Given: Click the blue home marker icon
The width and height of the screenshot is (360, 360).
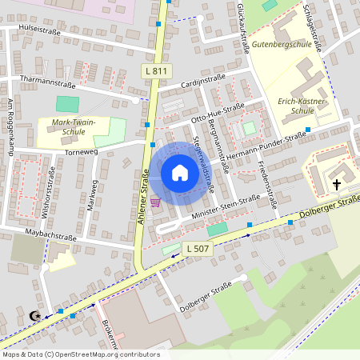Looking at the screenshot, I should (x=179, y=173).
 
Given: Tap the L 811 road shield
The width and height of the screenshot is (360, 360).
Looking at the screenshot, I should (x=158, y=71).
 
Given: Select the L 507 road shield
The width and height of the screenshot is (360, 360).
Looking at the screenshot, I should (x=196, y=248).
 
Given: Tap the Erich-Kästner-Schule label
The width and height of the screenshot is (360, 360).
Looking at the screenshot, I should (x=302, y=107).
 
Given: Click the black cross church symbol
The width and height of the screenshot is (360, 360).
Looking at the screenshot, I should (x=337, y=185).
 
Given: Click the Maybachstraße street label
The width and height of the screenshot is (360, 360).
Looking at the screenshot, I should (x=49, y=237).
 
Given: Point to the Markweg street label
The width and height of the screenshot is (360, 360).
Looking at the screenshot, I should (x=94, y=192).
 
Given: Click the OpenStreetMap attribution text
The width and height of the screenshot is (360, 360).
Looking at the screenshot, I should (x=80, y=354).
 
